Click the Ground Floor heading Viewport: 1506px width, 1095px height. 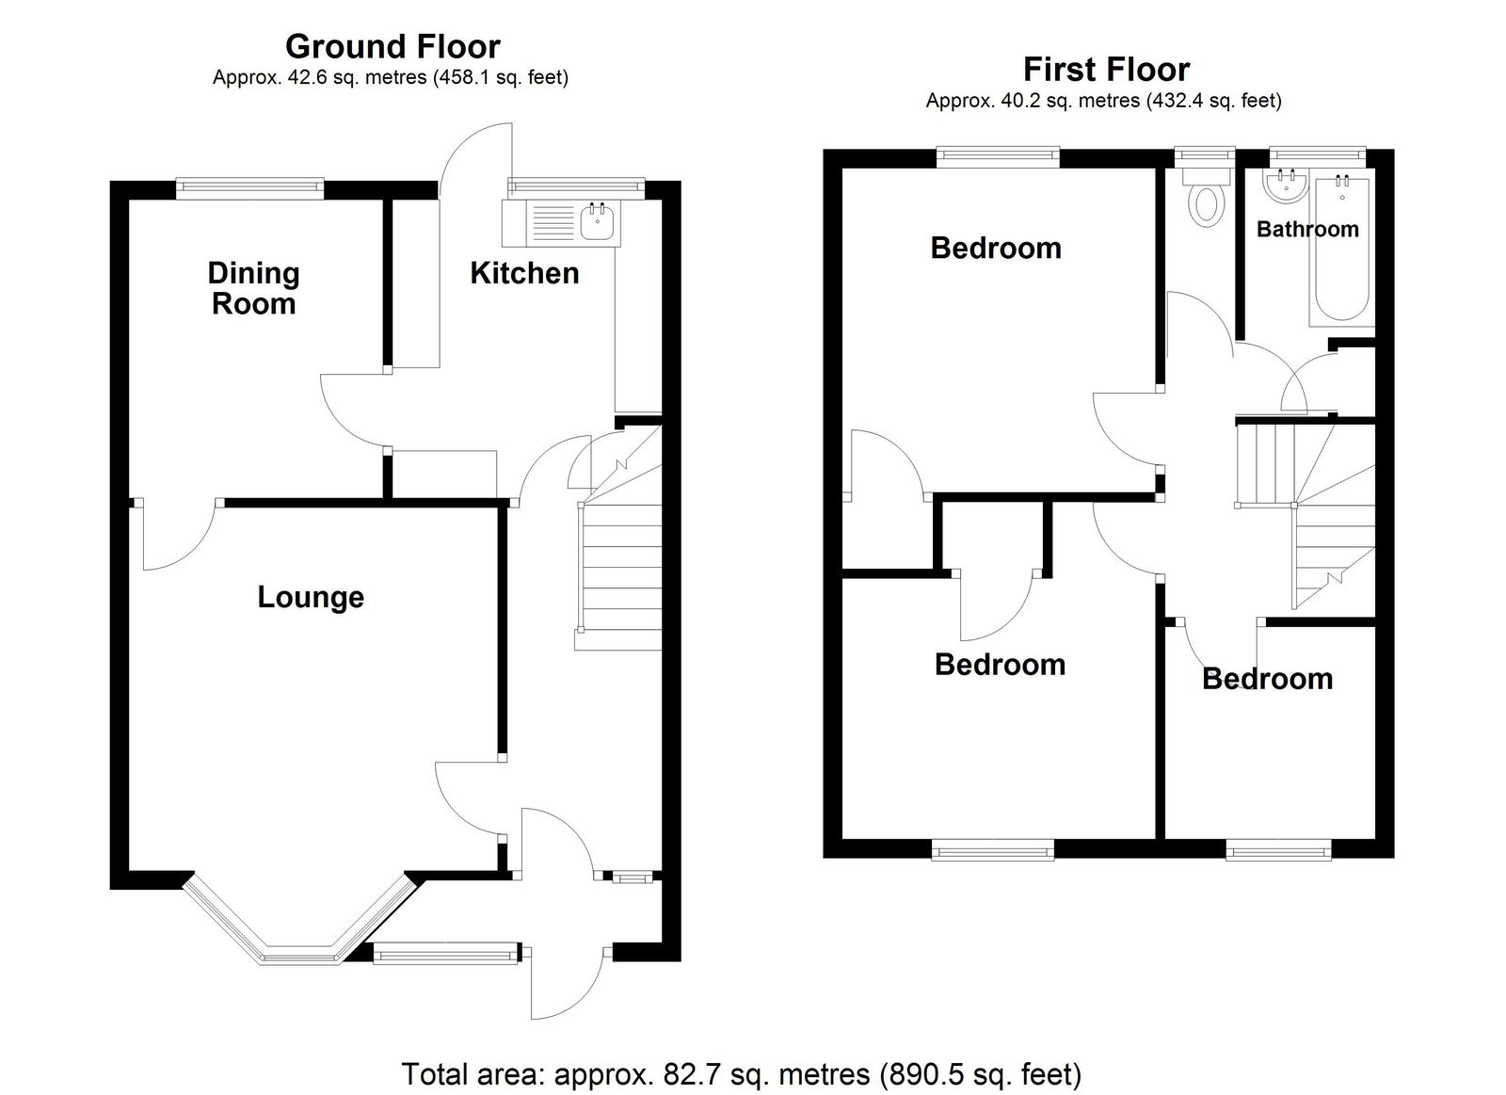(393, 47)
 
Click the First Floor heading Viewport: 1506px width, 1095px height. (1106, 70)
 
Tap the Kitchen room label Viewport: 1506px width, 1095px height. (524, 273)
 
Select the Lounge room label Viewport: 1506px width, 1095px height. (311, 597)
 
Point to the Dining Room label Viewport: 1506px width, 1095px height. (253, 288)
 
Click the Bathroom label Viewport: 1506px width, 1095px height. (1307, 230)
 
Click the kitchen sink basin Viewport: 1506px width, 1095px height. (597, 222)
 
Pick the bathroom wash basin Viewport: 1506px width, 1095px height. (1286, 186)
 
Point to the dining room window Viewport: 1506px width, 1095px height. (249, 189)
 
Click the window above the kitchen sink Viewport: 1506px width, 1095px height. (575, 188)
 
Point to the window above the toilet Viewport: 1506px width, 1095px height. (1206, 157)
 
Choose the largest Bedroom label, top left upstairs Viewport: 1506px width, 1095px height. (996, 249)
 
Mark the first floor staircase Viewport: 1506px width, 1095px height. (1305, 514)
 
